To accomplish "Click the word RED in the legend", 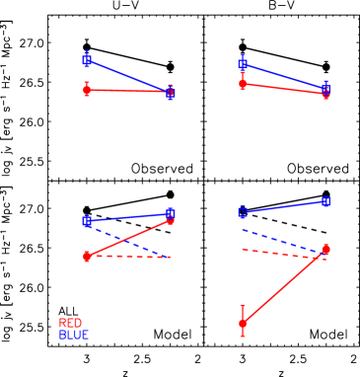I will (x=70, y=323).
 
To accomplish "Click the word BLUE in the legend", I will (x=73, y=336).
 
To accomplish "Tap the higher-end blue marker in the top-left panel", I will (x=87, y=60).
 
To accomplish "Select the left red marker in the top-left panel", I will (x=87, y=90).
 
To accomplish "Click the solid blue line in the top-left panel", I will (x=128, y=76).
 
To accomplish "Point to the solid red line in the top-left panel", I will (x=128, y=91).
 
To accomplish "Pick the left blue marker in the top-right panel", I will (x=243, y=64).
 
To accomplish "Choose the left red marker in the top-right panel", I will (x=243, y=84).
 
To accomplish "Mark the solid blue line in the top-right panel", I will (x=284, y=77).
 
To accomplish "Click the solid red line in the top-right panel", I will (x=284, y=89).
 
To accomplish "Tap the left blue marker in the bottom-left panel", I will (x=87, y=221).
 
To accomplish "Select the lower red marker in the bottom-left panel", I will (x=87, y=256).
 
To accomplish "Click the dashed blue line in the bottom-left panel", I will (x=128, y=241).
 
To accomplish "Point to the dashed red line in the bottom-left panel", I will (x=128, y=257).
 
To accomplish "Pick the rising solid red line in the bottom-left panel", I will (x=128, y=237).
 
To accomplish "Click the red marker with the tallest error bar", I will (x=243, y=323).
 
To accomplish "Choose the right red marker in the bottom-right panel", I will (x=325, y=249).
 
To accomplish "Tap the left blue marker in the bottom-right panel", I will (x=243, y=211).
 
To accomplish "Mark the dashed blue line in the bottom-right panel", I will (x=284, y=242).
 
